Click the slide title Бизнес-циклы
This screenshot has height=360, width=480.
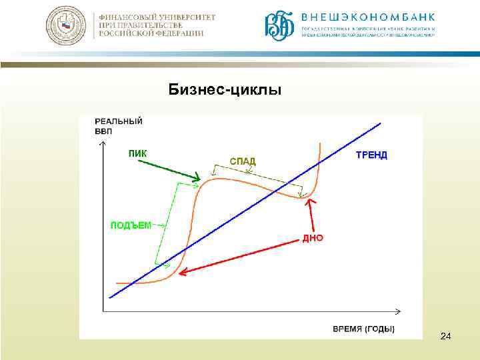tap(225, 89)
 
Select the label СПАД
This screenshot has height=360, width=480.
tap(243, 161)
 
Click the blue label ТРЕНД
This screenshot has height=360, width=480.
tap(371, 155)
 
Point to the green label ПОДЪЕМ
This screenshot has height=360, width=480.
tap(131, 225)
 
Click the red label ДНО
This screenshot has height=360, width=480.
tap(313, 237)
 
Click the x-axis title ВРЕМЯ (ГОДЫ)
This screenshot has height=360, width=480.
tap(363, 329)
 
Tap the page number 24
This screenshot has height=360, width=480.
tap(445, 339)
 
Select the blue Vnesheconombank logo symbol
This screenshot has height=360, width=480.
tap(280, 26)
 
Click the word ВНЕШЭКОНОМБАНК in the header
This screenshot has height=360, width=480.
tap(368, 17)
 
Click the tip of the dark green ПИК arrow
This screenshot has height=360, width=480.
tap(199, 179)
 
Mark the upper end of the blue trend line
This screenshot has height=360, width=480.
tap(380, 123)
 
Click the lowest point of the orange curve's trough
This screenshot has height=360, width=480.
tap(303, 197)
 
